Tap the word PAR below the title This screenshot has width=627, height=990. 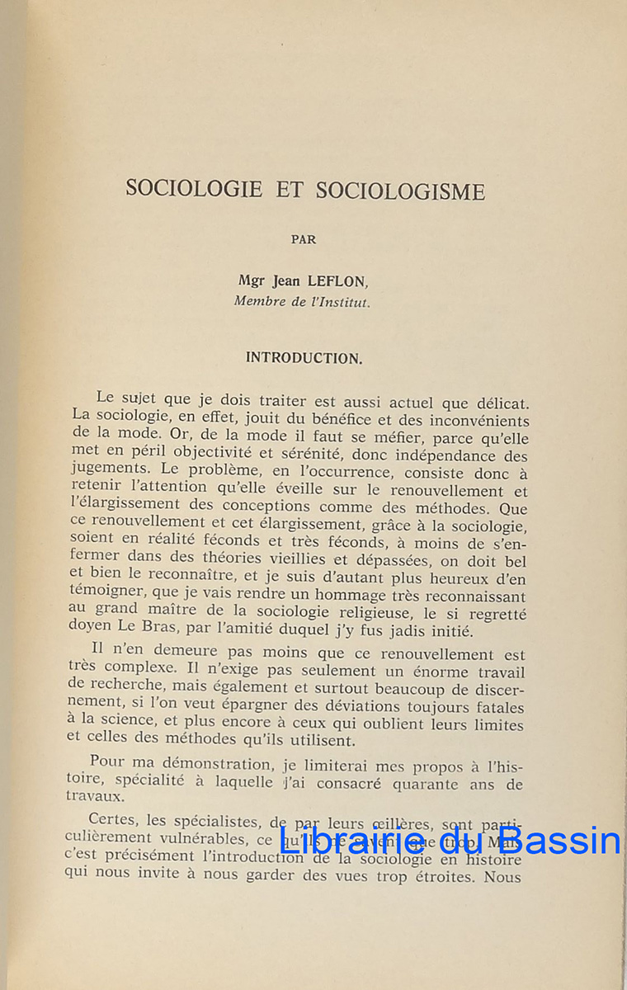click(x=304, y=240)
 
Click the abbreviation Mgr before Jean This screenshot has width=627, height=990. click(x=249, y=281)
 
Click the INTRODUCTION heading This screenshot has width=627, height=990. click(x=303, y=358)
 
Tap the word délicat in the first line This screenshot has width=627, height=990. click(x=497, y=403)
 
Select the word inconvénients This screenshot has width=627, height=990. click(x=470, y=420)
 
